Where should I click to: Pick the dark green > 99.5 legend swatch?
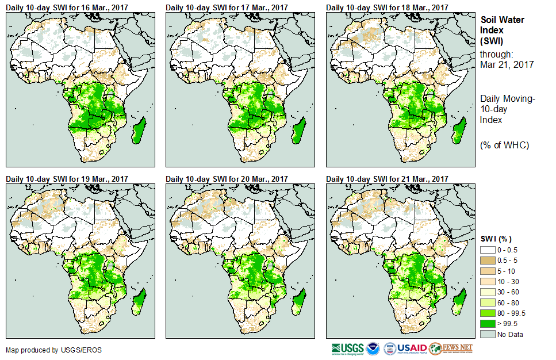pos(487,324)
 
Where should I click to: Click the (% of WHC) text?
pos(504,145)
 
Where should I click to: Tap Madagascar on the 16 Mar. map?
pos(138,129)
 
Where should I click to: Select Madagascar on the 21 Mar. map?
pos(459,300)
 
